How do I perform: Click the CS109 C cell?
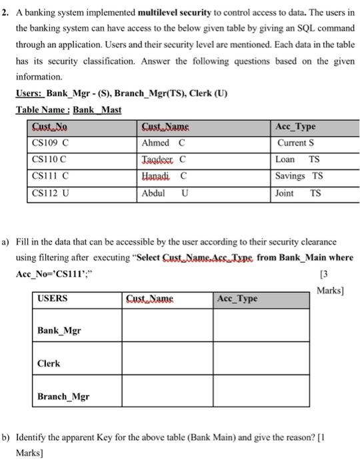tap(51, 143)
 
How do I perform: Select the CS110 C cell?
tap(50, 160)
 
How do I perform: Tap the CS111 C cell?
tap(51, 177)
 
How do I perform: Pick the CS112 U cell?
tap(51, 193)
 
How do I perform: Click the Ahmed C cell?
tap(163, 143)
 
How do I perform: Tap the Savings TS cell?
tap(299, 177)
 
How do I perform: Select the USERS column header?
tap(53, 298)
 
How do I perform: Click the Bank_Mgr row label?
tap(59, 331)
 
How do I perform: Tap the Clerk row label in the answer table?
tap(49, 364)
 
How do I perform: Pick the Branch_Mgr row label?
tap(64, 396)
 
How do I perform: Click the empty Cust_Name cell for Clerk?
tap(167, 360)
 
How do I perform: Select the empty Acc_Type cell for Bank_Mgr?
tap(262, 328)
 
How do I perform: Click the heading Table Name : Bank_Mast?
tap(69, 109)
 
